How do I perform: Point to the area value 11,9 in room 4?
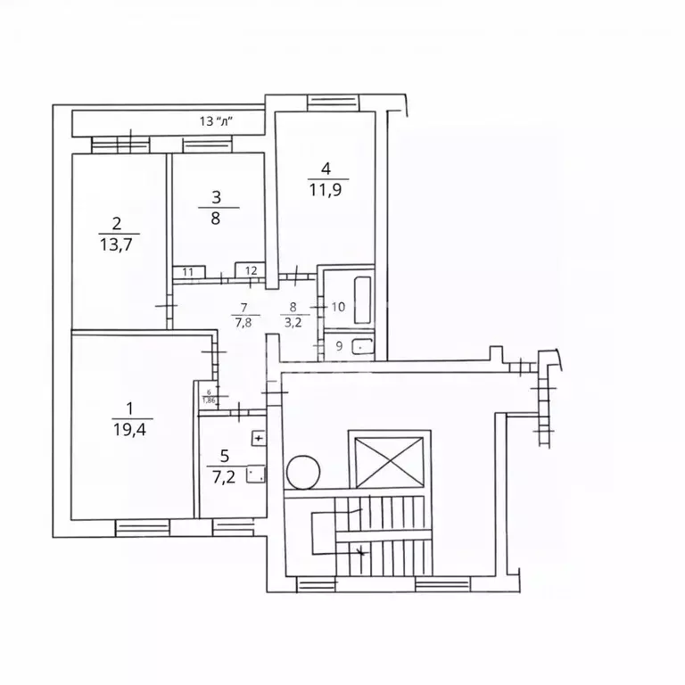pos(326,189)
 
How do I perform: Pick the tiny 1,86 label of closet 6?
pos(209,400)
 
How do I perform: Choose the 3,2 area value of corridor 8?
pos(293,323)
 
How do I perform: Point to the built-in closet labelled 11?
pos(189,271)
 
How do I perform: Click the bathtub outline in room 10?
pos(361,301)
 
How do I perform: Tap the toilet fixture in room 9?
pos(361,348)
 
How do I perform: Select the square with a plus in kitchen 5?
pos(258,438)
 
